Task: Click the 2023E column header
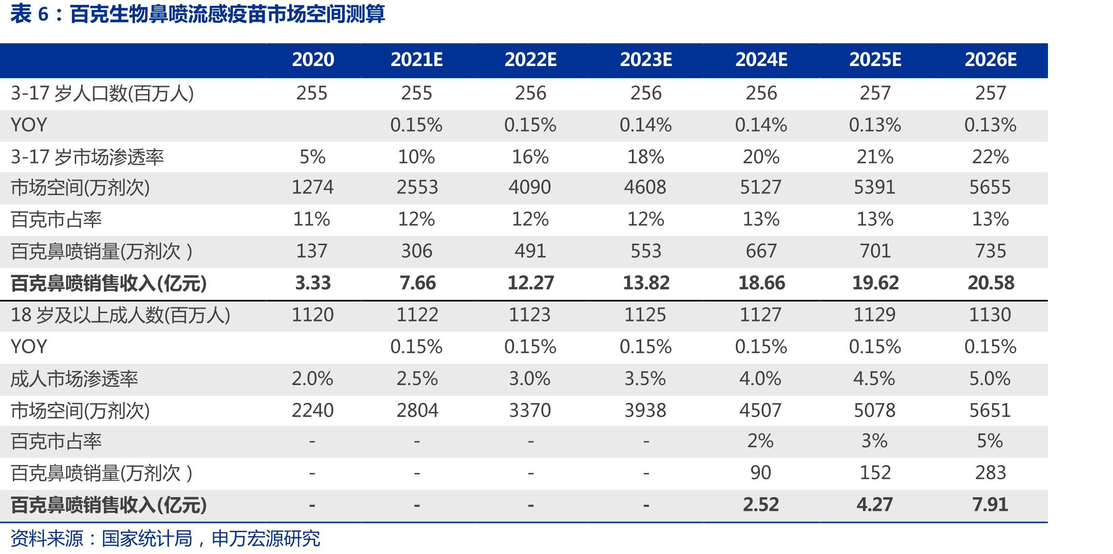(x=646, y=60)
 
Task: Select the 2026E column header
(x=991, y=60)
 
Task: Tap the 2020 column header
(x=313, y=60)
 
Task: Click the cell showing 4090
(x=530, y=187)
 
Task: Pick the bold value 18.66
(x=762, y=283)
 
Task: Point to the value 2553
(x=417, y=187)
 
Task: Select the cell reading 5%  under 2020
(x=312, y=157)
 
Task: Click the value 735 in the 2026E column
(x=991, y=251)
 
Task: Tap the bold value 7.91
(x=990, y=505)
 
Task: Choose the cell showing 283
(x=991, y=473)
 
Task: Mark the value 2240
(x=313, y=411)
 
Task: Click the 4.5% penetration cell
(x=874, y=379)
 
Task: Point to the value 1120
(x=313, y=315)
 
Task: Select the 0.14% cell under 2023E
(x=646, y=125)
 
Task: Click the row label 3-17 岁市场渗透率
(x=87, y=157)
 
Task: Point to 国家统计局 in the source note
(x=147, y=538)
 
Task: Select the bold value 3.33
(x=313, y=283)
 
